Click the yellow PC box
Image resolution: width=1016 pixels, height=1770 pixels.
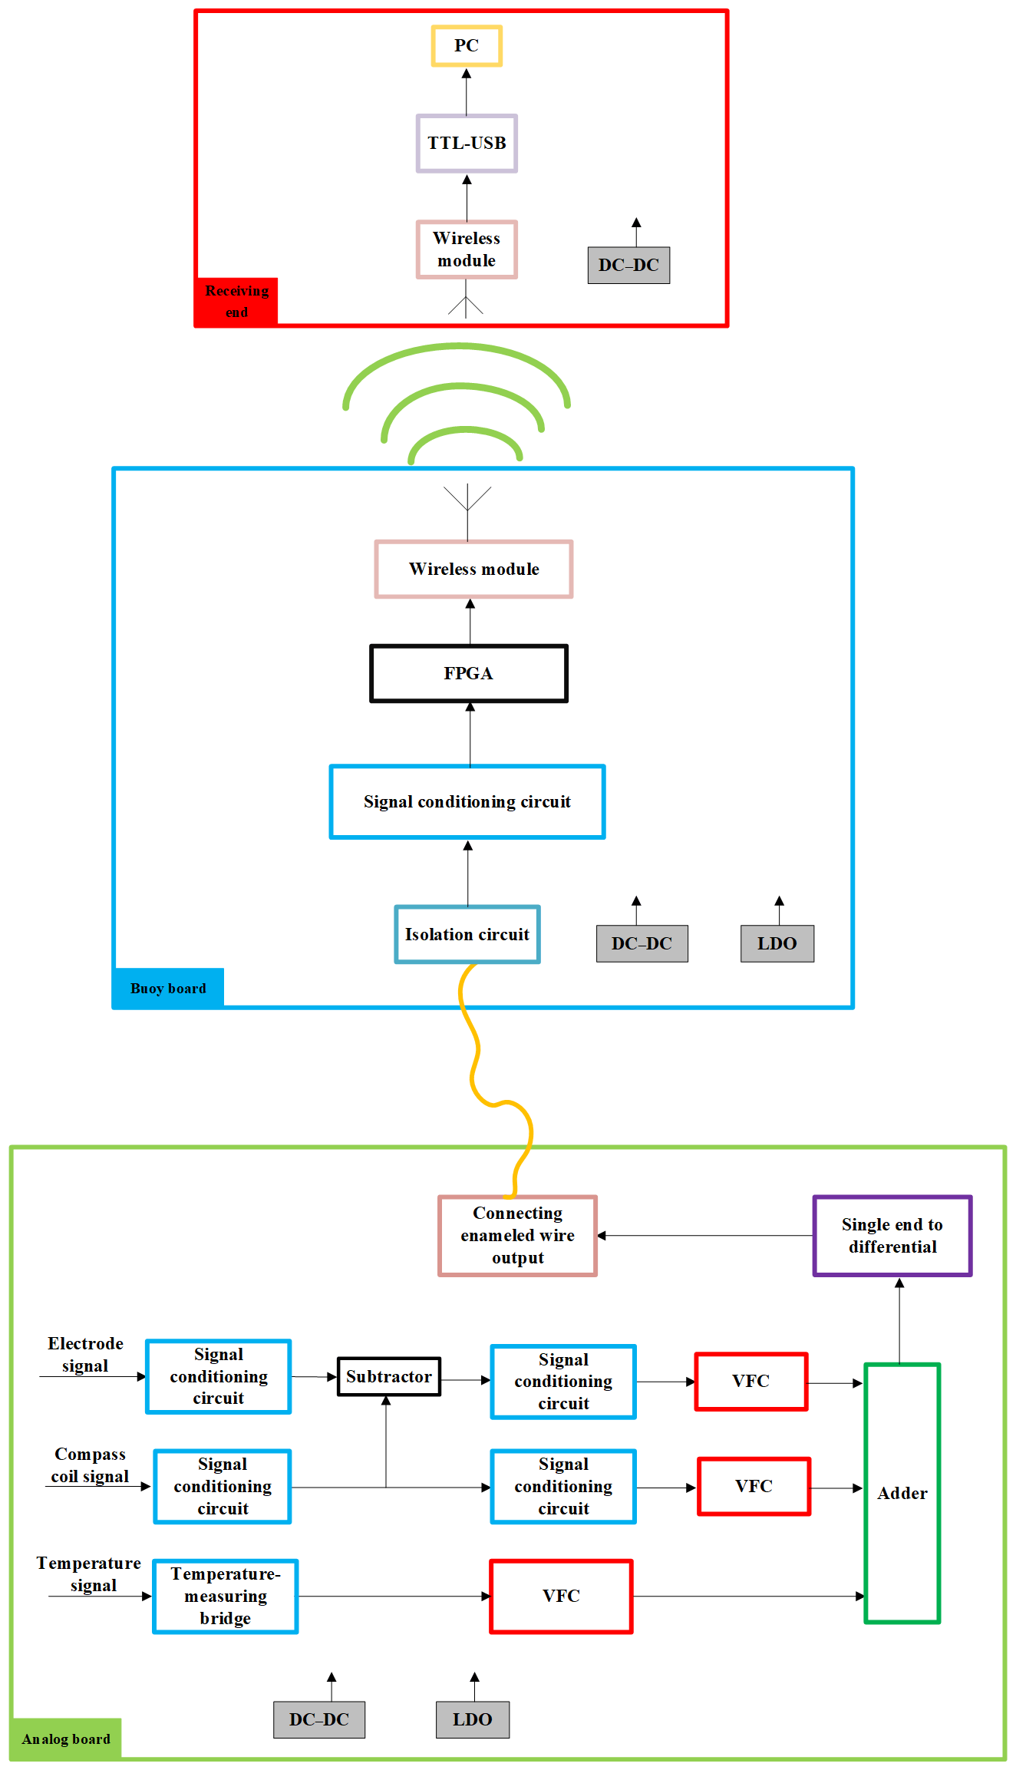point(467,46)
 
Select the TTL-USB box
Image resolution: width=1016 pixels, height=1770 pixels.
point(467,144)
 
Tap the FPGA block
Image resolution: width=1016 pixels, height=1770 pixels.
point(469,673)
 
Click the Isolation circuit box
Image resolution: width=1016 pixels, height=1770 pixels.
point(467,934)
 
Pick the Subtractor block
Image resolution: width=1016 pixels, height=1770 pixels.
point(389,1376)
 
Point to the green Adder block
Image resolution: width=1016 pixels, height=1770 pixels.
point(902,1493)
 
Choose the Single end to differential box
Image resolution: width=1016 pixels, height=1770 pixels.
point(892,1235)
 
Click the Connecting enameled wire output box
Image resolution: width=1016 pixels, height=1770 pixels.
point(518,1235)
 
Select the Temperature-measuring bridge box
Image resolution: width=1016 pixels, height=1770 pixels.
point(226,1596)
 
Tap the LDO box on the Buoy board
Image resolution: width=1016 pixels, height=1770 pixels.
point(777,943)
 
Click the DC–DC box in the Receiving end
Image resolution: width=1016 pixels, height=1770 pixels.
point(628,265)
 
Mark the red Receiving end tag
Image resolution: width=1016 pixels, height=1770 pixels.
point(236,302)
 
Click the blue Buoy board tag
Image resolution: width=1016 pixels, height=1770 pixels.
point(168,988)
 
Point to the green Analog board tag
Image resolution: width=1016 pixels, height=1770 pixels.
point(66,1739)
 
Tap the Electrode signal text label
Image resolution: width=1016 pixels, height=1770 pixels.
point(85,1354)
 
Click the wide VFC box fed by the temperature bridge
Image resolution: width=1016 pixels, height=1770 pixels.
point(561,1596)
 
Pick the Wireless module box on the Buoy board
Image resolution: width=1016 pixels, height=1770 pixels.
point(473,569)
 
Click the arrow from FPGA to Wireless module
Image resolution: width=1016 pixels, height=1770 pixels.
point(470,622)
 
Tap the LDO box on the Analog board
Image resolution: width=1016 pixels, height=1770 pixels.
point(473,1719)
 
